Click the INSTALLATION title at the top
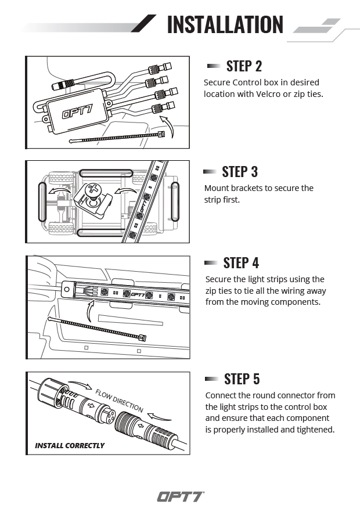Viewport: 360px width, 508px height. click(225, 25)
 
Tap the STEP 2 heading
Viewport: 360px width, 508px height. click(244, 66)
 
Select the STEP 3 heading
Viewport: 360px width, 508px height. click(240, 172)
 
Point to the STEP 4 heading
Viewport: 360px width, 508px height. click(241, 263)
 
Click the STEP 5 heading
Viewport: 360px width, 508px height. click(242, 379)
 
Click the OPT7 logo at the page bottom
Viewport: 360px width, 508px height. click(180, 496)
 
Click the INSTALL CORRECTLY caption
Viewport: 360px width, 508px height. click(70, 446)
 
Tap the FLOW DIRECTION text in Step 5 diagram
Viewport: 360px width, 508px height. click(119, 401)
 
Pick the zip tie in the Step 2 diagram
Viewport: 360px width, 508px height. click(116, 138)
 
